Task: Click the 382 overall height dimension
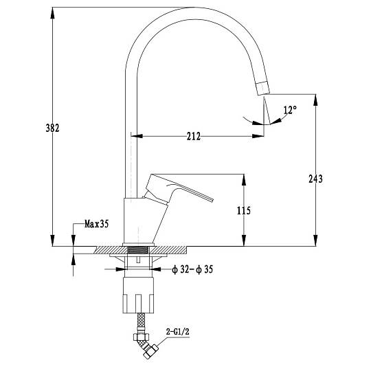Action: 52,128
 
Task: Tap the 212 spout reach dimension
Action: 194,136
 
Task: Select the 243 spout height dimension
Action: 315,179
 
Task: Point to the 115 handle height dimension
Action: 244,210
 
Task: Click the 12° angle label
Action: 290,110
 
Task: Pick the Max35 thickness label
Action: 97,223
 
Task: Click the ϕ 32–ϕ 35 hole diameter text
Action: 192,269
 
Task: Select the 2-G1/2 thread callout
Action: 178,331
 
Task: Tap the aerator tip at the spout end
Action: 263,88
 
